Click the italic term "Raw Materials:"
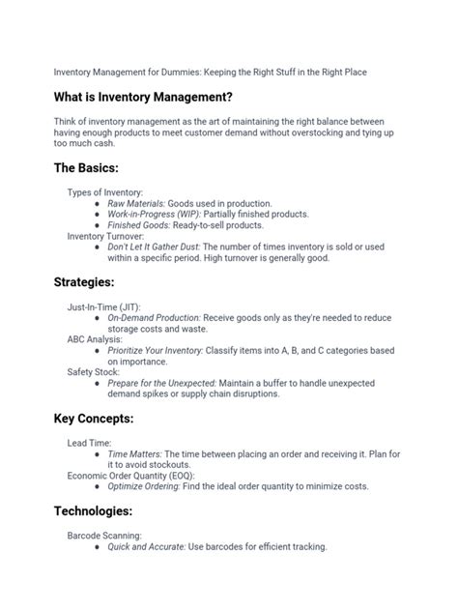(x=135, y=204)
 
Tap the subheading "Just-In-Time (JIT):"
(x=103, y=306)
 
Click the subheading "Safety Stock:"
(x=94, y=372)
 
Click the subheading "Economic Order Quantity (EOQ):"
(x=130, y=476)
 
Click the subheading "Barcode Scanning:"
(x=104, y=535)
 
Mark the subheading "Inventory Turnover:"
(x=105, y=236)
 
